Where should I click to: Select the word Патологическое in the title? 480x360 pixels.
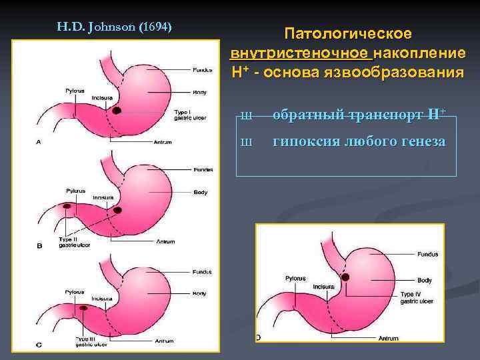click(347, 33)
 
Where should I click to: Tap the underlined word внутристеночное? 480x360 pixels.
click(301, 53)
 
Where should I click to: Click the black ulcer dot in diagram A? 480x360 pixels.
click(117, 109)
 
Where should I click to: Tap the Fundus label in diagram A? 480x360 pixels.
click(203, 70)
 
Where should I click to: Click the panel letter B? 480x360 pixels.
click(39, 245)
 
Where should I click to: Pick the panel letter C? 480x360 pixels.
click(39, 345)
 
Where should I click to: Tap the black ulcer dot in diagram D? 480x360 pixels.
click(345, 277)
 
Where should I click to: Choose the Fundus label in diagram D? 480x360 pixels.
click(427, 254)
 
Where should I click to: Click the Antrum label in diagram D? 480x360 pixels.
click(389, 339)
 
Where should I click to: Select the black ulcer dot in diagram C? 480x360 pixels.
click(84, 309)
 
